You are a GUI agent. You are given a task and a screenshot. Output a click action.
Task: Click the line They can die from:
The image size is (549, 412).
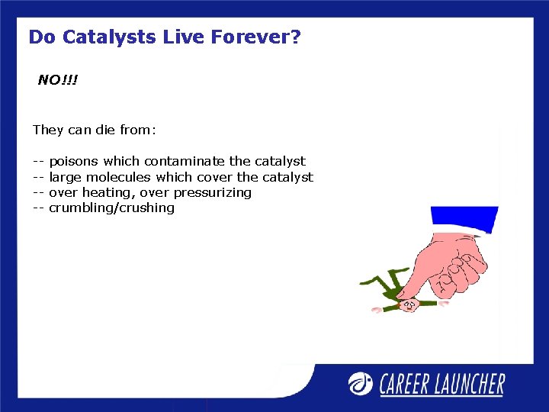coord(94,130)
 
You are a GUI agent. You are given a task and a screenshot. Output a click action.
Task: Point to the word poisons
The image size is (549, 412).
coord(74,161)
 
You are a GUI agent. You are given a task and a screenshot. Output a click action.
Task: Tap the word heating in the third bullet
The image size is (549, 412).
coord(110,192)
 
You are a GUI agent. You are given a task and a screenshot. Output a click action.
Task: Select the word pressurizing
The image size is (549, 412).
coord(213,192)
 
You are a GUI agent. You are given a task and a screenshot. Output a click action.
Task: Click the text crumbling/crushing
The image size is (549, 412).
coord(111,208)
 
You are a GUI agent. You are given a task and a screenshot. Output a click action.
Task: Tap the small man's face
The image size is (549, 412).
coord(409,305)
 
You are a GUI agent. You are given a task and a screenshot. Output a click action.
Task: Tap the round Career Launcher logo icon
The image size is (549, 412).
coord(361,383)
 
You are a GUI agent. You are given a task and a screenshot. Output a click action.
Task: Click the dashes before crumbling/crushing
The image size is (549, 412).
coord(39,208)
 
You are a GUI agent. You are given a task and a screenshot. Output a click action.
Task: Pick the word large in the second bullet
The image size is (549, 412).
coord(62,177)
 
